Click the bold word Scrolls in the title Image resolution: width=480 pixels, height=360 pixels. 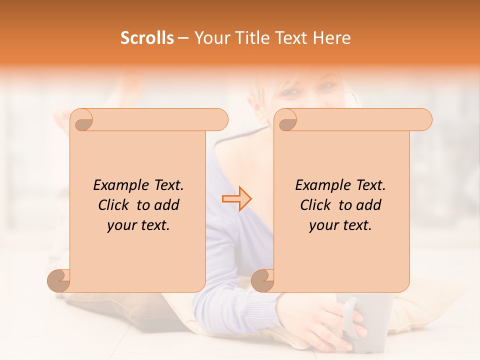click(147, 38)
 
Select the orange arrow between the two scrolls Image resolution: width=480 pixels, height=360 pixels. click(237, 199)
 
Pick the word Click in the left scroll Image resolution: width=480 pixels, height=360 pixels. click(114, 205)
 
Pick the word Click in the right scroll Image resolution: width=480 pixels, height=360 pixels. click(316, 205)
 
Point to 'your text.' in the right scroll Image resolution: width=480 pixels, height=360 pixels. click(340, 225)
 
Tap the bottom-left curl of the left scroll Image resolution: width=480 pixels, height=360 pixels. click(59, 280)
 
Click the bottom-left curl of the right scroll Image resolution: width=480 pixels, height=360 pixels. click(262, 280)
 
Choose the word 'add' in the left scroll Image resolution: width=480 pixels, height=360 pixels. click(167, 205)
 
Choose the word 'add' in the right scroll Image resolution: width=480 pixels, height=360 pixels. click(369, 205)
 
